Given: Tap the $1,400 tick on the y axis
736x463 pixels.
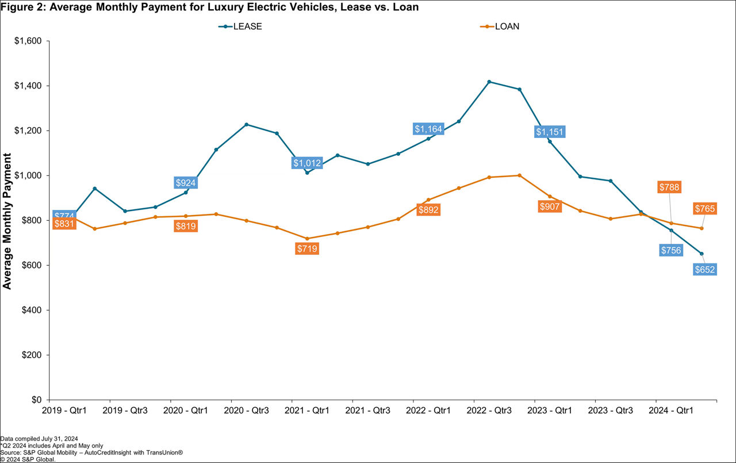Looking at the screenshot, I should pos(28,86).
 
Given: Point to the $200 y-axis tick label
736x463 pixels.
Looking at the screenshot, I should pos(32,355).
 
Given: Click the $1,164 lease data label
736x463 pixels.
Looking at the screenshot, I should pos(428,129).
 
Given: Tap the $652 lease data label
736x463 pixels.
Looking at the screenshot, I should pos(704,269).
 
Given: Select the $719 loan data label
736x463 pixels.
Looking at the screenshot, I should pos(307,248).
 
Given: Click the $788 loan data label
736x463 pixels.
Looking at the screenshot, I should pos(669,187).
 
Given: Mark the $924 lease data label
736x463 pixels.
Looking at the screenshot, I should pos(186,183).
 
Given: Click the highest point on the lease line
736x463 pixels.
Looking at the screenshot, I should pos(489,82).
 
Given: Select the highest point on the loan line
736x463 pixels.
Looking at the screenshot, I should pos(520,175).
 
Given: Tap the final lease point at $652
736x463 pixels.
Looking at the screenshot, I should pos(701,254).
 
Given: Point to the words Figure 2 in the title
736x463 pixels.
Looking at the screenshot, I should pos(19,7).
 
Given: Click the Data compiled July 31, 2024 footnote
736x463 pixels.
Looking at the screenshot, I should pos(39,438).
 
